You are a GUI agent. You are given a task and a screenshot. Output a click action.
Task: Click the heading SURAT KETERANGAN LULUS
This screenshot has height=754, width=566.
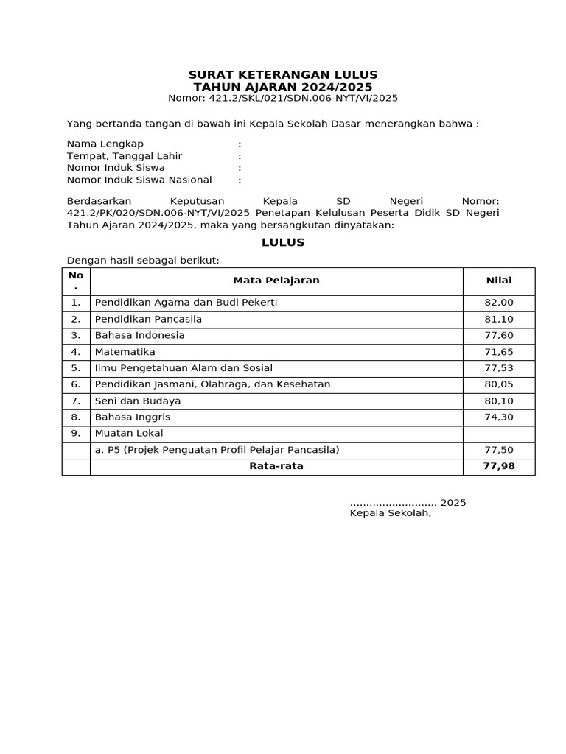click(x=283, y=74)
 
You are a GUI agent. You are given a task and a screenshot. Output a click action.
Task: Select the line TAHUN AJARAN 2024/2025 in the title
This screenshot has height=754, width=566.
click(x=283, y=86)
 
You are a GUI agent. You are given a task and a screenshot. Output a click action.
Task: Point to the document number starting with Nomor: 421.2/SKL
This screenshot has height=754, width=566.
click(x=283, y=98)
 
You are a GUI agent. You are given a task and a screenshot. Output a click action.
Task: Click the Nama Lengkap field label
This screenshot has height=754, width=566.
click(x=105, y=144)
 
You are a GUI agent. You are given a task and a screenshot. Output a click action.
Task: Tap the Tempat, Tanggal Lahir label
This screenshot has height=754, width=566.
click(x=125, y=156)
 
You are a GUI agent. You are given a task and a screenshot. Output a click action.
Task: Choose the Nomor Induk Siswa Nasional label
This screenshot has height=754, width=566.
click(x=139, y=180)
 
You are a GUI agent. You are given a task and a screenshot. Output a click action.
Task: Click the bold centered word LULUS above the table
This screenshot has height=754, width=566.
click(x=283, y=242)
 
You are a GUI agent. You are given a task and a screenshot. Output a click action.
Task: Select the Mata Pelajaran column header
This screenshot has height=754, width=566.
click(x=276, y=281)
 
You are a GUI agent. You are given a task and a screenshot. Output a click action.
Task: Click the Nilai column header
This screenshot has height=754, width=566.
click(x=499, y=281)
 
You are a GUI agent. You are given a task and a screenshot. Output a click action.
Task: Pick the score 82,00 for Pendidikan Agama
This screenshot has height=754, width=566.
click(x=499, y=303)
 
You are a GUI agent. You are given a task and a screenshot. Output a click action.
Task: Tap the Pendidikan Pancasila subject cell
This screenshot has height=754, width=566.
click(x=148, y=319)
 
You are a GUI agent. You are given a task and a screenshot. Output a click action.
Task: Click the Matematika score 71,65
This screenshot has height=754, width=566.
click(x=499, y=352)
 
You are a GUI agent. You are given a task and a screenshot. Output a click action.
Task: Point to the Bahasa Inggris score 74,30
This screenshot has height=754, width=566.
click(x=499, y=417)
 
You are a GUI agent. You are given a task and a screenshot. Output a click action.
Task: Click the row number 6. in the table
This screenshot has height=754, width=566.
click(x=75, y=384)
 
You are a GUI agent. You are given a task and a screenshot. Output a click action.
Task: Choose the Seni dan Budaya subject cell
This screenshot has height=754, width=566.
click(x=138, y=401)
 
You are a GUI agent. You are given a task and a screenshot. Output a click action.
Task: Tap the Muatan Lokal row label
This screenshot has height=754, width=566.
click(x=129, y=433)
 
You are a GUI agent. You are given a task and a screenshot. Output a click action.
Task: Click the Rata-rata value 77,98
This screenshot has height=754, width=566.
click(x=499, y=466)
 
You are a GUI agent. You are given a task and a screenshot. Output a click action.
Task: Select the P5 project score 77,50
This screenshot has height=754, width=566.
click(x=499, y=450)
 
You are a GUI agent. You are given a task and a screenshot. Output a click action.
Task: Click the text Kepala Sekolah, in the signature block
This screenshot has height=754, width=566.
click(x=390, y=513)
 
